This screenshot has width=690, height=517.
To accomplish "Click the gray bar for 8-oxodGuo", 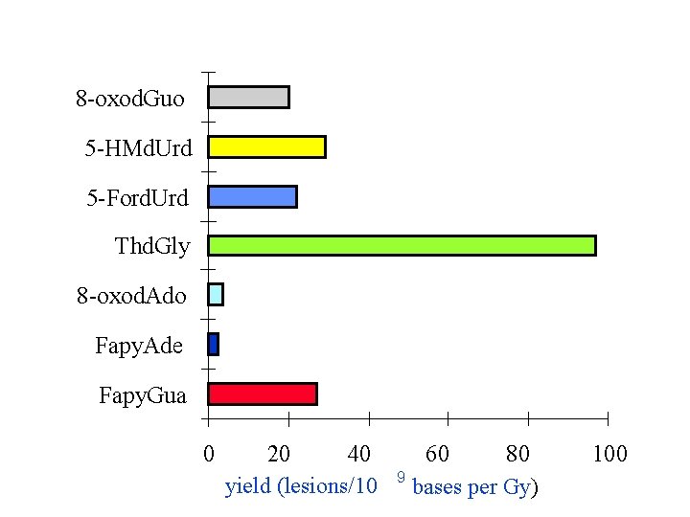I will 248,97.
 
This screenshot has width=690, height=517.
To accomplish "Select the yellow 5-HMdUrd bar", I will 266,146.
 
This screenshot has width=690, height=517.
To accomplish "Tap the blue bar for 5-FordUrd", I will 252,196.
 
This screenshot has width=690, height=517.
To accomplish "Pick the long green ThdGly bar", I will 402,245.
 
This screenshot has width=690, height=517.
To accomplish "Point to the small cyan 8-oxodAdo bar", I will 216,295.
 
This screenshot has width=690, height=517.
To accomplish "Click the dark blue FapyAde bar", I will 213,344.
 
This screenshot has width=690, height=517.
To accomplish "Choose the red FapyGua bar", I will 262,393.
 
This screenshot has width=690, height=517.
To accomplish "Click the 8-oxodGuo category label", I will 130,98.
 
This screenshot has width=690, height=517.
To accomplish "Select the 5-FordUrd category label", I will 138,197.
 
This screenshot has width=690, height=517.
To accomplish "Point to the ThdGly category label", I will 152,246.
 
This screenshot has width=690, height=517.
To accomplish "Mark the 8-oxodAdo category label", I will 132,296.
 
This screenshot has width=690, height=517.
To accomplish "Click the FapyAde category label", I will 139,345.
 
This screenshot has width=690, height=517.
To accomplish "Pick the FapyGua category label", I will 143,394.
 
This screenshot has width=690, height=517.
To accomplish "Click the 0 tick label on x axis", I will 208,453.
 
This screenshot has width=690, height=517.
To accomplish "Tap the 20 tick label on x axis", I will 279,453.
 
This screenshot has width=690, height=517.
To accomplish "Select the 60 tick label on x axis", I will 437,453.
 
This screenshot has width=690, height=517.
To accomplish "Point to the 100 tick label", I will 609,453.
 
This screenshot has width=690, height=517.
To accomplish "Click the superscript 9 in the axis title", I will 401,476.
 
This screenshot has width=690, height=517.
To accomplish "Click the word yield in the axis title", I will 247,487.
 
